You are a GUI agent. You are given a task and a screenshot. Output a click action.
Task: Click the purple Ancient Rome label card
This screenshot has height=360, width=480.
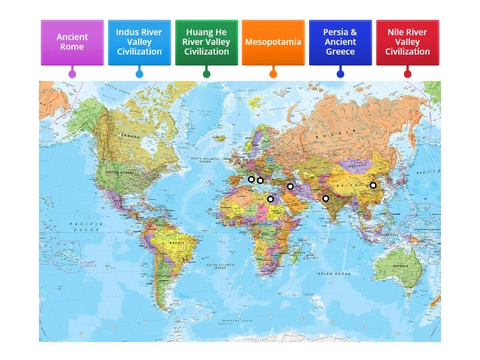pyautogui.click(x=72, y=42)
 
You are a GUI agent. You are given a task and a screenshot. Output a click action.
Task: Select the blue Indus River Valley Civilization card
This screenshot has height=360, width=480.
pyautogui.click(x=139, y=42)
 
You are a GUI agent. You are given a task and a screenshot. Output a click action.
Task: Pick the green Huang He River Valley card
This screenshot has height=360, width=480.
pyautogui.click(x=206, y=42)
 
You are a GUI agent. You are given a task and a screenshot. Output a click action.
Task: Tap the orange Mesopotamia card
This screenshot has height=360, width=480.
pyautogui.click(x=273, y=42)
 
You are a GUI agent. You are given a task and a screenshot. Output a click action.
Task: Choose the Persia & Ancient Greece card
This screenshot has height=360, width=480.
pyautogui.click(x=340, y=42)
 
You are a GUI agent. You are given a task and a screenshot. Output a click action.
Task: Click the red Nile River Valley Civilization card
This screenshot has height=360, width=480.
pyautogui.click(x=407, y=42)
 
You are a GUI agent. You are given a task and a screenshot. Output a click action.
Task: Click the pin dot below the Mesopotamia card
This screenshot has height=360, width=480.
pyautogui.click(x=273, y=74)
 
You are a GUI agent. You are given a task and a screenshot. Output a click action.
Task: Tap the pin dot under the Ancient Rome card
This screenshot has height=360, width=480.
pyautogui.click(x=72, y=74)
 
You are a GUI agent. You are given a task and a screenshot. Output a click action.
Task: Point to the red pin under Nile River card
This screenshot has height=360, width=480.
pyautogui.click(x=407, y=74)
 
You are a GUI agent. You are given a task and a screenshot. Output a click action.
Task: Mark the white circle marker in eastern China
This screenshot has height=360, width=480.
pyautogui.click(x=373, y=185)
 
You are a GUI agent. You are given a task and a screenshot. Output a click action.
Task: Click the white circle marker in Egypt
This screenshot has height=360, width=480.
pyautogui.click(x=271, y=199)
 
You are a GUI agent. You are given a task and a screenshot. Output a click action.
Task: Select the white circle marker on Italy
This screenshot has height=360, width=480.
pyautogui.click(x=251, y=179)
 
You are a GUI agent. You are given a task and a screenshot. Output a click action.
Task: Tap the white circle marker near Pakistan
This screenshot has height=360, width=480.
pyautogui.click(x=326, y=199)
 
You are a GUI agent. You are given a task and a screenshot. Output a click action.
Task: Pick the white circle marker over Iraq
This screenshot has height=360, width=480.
pyautogui.click(x=290, y=187)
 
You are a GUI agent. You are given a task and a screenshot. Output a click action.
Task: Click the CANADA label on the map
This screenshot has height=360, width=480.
pyautogui.click(x=130, y=136)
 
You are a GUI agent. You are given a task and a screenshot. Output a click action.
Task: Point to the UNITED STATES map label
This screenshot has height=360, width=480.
pyautogui.click(x=120, y=172)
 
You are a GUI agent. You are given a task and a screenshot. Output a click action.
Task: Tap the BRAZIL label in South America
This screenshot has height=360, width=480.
pyautogui.click(x=176, y=242)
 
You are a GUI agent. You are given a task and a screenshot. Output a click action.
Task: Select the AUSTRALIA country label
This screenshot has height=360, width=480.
pyautogui.click(x=400, y=266)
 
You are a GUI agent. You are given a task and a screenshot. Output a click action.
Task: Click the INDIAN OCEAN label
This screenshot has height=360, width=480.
pyautogui.click(x=334, y=274)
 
